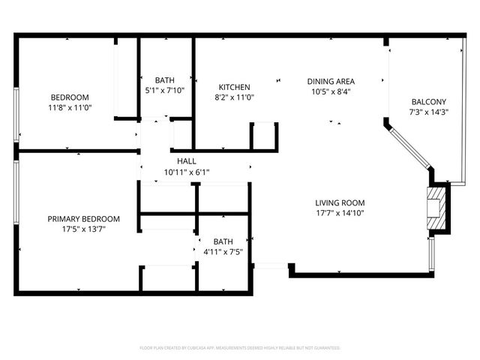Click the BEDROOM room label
pos(70,97)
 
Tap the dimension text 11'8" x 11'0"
pos(70,108)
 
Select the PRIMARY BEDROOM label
pos(83,219)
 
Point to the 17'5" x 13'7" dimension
pos(83,229)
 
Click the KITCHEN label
pos(234,87)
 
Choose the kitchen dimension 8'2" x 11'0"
pos(234,97)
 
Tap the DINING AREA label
pos(331,81)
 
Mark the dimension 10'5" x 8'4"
pos(331,91)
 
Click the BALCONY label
pos(429,102)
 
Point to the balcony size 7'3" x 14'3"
pos(429,112)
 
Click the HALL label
pos(187,161)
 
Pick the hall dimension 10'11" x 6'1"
pos(187,172)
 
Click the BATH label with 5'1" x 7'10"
pos(164,80)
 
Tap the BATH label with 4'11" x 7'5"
pos(223,241)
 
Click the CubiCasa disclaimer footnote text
pos(240,348)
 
